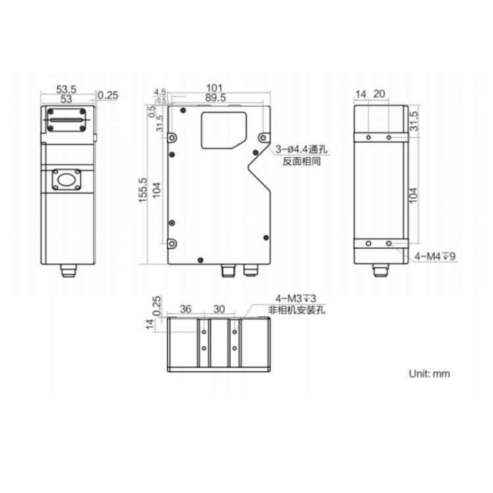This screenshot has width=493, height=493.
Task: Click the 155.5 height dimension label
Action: point(143,190)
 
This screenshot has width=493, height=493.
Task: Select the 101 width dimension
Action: point(214,88)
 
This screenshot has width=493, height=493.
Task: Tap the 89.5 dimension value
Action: point(216,98)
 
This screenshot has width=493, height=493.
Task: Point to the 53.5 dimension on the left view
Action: point(66,89)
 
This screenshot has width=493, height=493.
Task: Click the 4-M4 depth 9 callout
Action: point(435,256)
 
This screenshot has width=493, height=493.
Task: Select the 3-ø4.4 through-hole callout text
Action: point(302,149)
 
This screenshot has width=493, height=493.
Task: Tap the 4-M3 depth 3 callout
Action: point(296,298)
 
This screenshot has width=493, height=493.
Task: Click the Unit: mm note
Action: point(429,373)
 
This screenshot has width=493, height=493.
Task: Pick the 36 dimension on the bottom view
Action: point(185,309)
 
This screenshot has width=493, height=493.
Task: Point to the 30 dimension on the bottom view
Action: point(219,309)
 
